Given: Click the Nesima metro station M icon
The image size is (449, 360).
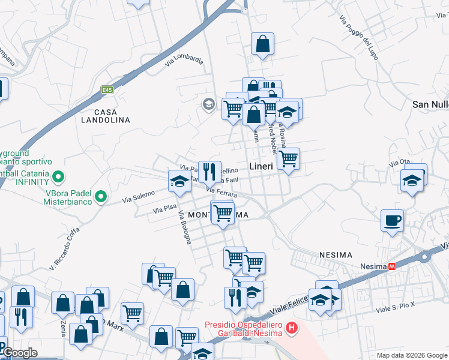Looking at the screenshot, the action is (392, 265).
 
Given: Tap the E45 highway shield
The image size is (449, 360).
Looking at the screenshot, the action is (107, 90).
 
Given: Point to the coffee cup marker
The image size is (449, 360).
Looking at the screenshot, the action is (392, 221).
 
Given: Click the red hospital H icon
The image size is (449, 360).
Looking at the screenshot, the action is (292, 328).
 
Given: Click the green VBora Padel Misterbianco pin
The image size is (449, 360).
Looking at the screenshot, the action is (101, 196).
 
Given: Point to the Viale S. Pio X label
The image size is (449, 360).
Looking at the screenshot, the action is (395, 310).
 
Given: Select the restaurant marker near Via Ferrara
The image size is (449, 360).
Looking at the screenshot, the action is (209, 172).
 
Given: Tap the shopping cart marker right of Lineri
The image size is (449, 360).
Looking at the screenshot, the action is (288, 158).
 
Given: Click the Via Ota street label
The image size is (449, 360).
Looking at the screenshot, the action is (399, 162).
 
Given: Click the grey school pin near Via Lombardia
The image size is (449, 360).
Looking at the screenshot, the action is (208, 104).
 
